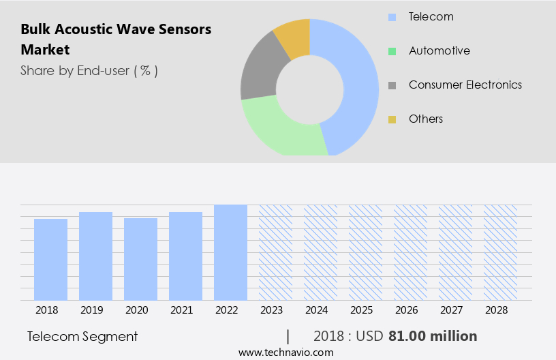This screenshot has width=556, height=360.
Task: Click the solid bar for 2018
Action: (x=50, y=259)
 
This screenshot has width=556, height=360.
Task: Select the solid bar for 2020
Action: (x=140, y=259)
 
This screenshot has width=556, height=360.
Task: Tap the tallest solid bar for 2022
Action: (x=230, y=252)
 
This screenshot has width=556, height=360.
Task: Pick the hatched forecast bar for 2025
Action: (x=365, y=252)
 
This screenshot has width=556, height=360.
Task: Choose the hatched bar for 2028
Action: (x=500, y=252)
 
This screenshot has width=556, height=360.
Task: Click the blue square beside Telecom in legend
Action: (x=392, y=17)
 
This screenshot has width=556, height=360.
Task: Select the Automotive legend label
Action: (x=439, y=50)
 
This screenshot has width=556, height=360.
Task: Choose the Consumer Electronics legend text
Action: (x=465, y=85)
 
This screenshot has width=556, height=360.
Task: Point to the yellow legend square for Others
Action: (x=392, y=119)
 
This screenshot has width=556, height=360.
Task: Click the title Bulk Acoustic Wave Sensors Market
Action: (x=116, y=40)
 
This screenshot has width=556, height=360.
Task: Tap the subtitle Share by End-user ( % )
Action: (x=89, y=70)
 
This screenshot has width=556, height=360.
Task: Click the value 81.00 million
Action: (x=433, y=336)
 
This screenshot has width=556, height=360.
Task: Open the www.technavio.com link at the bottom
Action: (x=285, y=352)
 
